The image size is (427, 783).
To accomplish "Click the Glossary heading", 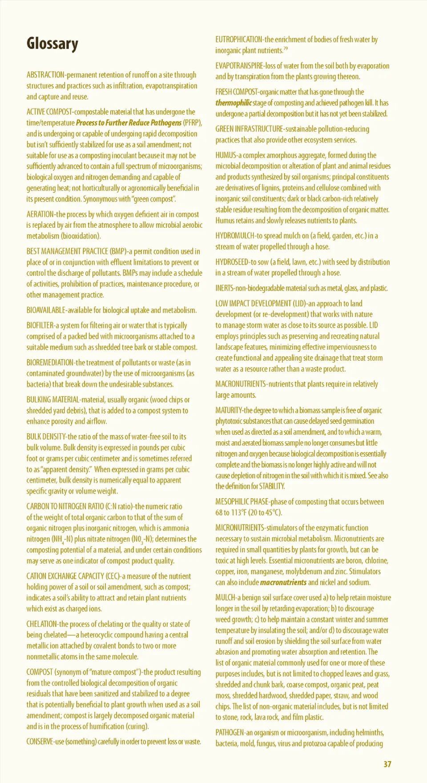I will (x=52, y=44).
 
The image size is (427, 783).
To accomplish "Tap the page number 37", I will (x=387, y=764).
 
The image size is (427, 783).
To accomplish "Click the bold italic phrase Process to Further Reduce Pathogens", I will (x=129, y=123).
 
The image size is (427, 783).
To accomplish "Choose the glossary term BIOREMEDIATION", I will (x=49, y=363).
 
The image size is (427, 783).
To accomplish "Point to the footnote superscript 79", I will (x=286, y=48).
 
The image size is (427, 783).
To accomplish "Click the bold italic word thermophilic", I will (x=234, y=103).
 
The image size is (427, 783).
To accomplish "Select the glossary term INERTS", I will (x=225, y=288).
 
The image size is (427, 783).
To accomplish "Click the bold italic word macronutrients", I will (x=283, y=582).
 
